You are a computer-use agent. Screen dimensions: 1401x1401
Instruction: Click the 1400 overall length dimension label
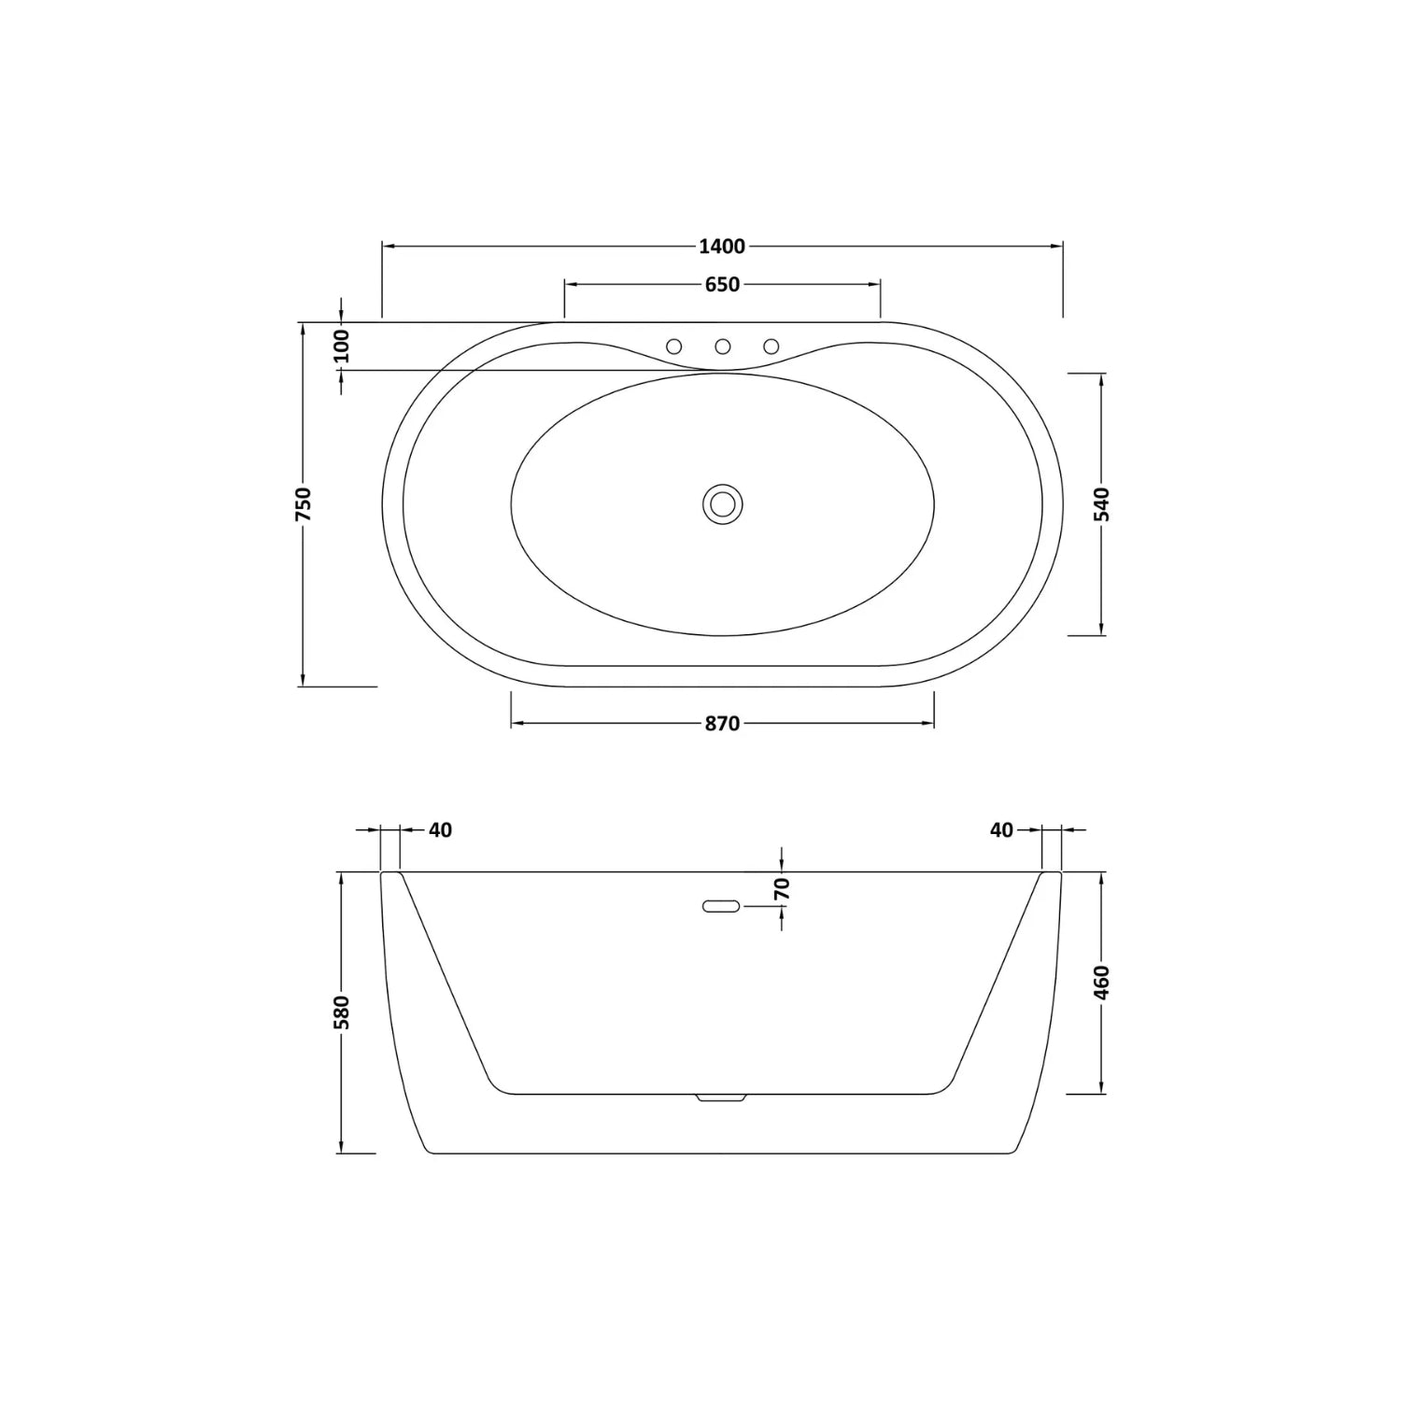point(722,247)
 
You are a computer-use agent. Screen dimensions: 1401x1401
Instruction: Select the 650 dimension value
point(722,285)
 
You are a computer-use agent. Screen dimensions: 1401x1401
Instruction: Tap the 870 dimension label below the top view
point(722,724)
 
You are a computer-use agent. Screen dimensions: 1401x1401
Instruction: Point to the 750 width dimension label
point(303,503)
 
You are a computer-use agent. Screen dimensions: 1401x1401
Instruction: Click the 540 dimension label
point(1102,503)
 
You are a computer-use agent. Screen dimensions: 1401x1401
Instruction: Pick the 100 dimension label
point(341,346)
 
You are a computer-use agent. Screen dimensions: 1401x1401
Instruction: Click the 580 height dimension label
point(342,1012)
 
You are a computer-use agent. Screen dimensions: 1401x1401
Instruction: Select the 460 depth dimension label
point(1102,983)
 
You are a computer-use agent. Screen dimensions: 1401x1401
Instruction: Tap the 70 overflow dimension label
point(783,888)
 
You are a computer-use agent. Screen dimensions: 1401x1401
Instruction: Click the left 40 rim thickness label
point(440,829)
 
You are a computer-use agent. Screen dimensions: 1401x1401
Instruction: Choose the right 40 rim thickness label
point(1001,829)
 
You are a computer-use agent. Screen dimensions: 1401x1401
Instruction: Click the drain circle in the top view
point(722,503)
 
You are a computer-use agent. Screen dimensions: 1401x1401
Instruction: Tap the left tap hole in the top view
point(673,347)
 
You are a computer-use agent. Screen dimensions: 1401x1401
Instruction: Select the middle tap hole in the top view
point(722,347)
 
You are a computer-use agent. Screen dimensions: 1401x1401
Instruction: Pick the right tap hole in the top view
point(771,347)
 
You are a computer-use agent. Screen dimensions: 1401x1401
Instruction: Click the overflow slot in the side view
point(721,906)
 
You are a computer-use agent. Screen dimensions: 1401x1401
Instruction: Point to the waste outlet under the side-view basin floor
point(721,1098)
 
